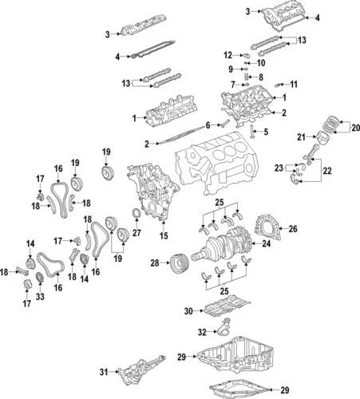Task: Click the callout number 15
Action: tap(164, 236)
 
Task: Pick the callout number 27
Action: tap(136, 234)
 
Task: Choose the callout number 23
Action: tap(278, 168)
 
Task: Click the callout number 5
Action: tap(266, 132)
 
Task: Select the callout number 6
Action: tap(208, 124)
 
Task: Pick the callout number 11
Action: tap(293, 84)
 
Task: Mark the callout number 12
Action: tap(227, 55)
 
